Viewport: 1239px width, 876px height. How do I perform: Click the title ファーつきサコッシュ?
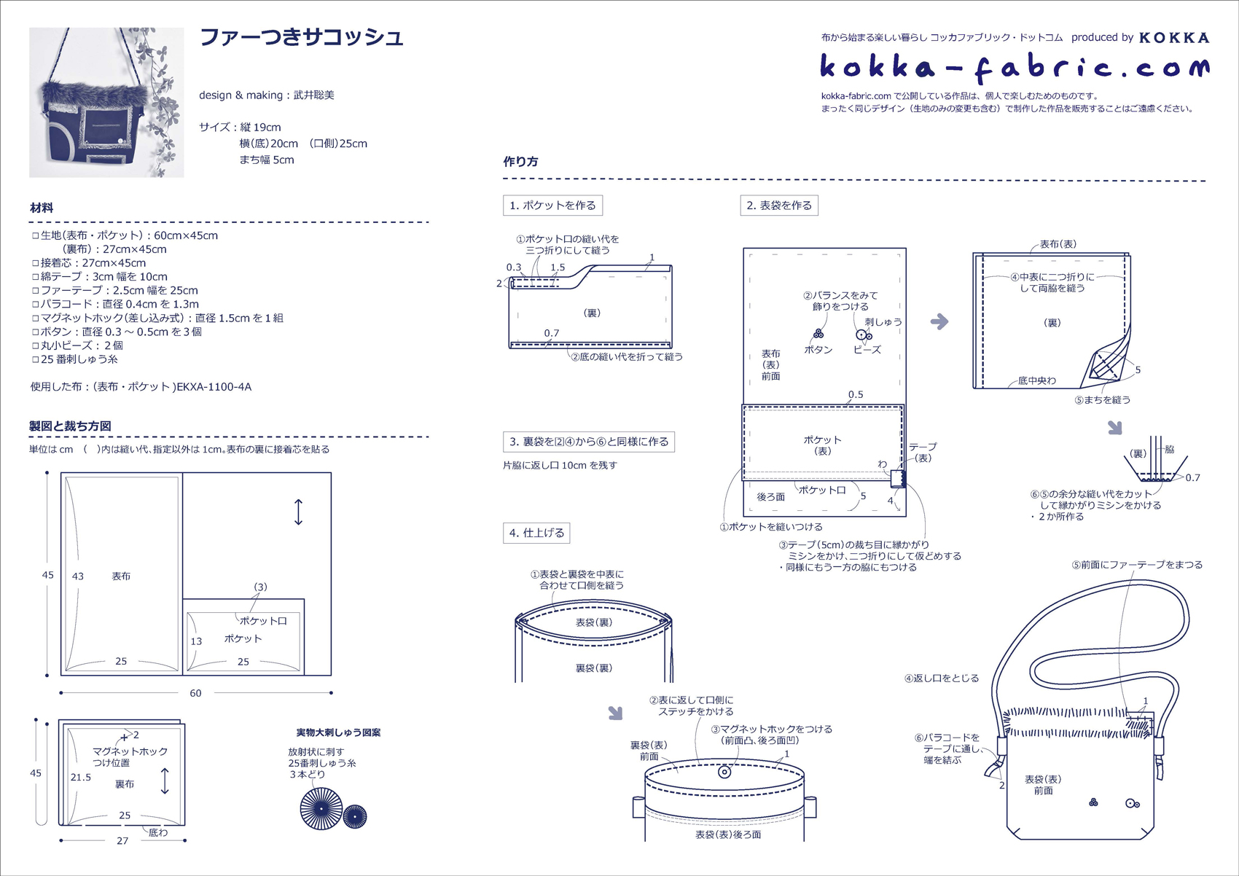pos(301,37)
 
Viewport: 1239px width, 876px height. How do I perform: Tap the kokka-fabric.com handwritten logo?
pos(1015,68)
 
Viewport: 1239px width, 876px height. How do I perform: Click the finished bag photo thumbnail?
pos(106,103)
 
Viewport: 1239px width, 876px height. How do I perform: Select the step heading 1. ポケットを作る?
pos(552,206)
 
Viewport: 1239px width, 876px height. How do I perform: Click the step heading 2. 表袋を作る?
pos(778,206)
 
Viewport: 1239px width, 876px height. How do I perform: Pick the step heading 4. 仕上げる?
pos(536,533)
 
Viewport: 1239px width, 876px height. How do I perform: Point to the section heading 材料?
pos(42,208)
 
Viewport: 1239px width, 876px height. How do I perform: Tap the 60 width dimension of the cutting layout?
pos(195,693)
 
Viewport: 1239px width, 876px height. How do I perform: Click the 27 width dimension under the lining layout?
pos(122,841)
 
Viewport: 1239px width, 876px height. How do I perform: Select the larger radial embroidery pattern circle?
pos(321,808)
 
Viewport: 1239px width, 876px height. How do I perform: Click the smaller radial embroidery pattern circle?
pos(355,816)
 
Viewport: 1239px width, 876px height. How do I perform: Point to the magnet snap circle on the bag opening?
pos(724,772)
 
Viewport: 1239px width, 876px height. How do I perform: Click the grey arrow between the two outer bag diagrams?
pos(939,321)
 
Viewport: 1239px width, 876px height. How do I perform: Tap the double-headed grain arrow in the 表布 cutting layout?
pos(298,512)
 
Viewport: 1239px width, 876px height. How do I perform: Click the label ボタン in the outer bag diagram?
pos(818,350)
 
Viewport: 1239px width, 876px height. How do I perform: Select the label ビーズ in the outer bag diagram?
pos(867,350)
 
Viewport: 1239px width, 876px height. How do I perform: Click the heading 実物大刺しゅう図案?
pos(338,732)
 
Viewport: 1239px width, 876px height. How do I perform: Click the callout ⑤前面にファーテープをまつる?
pos(1137,565)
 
